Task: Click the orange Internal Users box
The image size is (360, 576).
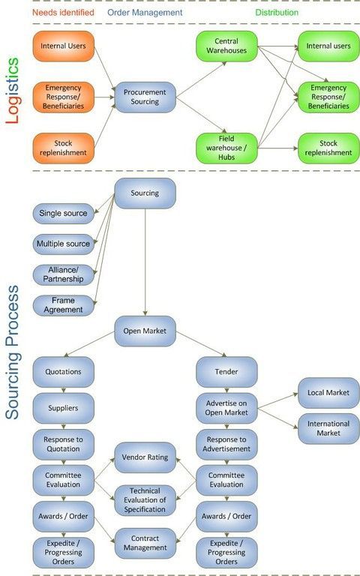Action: point(64,46)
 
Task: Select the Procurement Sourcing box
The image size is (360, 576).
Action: point(145,97)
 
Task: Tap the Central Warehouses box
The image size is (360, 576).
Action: point(226,46)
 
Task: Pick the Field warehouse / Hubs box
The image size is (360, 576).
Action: point(226,148)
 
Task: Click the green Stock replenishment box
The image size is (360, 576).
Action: point(328,148)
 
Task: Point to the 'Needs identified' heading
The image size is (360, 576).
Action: point(63,13)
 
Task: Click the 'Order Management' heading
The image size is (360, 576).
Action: point(145,13)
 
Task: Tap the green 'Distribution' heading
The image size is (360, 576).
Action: point(277,13)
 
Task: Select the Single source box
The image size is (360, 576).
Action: point(64,214)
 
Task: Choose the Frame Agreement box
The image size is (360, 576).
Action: point(64,305)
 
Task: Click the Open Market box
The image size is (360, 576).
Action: point(145,331)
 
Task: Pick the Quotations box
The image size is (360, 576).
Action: point(64,372)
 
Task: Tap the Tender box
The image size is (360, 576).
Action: point(226,372)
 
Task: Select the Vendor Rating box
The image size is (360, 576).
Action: point(145,457)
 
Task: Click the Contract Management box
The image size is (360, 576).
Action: point(145,543)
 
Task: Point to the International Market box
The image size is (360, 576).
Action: point(328,429)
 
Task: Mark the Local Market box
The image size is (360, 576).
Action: point(328,393)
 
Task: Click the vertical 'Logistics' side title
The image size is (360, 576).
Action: point(12,91)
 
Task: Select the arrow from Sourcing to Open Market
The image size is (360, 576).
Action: point(145,262)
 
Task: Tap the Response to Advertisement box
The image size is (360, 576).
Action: point(226,445)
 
